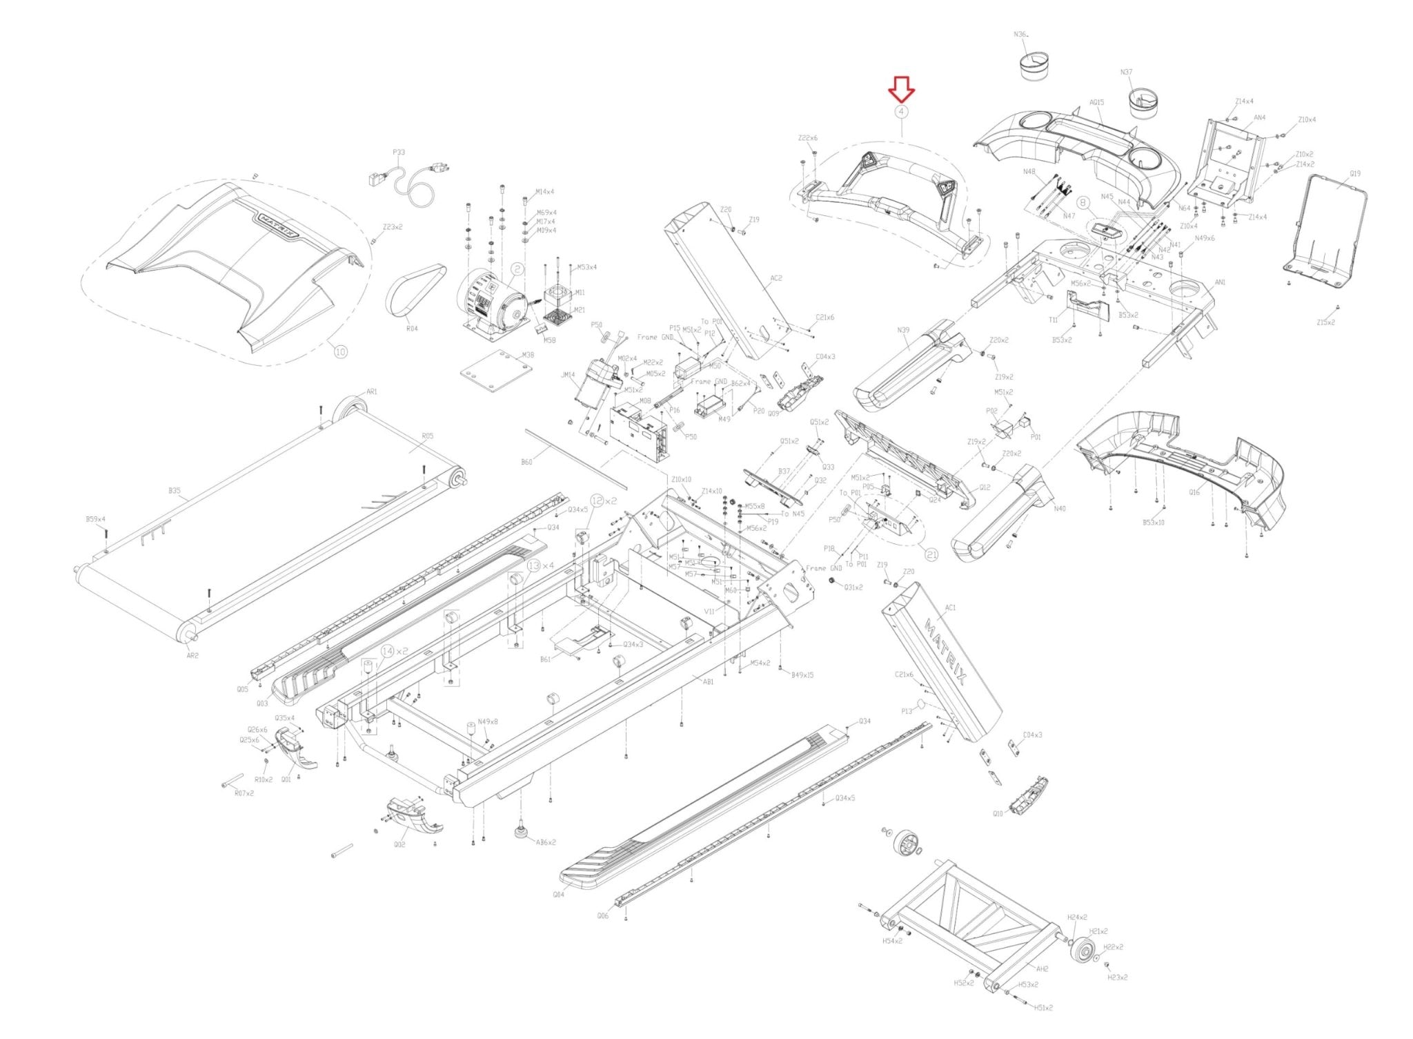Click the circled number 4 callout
[901, 111]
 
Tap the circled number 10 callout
[340, 351]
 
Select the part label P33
[399, 153]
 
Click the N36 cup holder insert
[1034, 66]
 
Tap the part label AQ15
[1096, 102]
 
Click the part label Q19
[1355, 174]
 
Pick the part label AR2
[192, 655]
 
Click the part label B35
[175, 491]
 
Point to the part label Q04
[558, 894]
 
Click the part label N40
[1060, 509]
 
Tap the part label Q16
[1194, 493]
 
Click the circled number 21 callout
[932, 554]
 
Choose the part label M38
[527, 356]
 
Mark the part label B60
[526, 461]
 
